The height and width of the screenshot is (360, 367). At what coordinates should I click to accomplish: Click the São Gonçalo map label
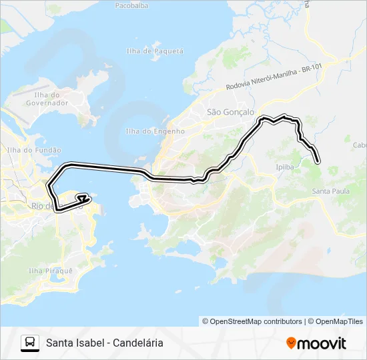coord(226,112)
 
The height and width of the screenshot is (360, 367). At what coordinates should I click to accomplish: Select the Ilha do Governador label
coord(47,99)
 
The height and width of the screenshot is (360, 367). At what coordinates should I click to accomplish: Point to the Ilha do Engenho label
coord(155,131)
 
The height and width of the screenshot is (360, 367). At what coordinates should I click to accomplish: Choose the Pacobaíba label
coord(131,5)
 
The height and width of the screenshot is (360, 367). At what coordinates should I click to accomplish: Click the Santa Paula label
coord(330,191)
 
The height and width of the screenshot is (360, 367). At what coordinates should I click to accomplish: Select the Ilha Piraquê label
coord(50,271)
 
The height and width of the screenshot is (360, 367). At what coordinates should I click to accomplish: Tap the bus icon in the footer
coord(30,343)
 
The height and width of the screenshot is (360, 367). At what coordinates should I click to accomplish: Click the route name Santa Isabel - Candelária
coord(104,343)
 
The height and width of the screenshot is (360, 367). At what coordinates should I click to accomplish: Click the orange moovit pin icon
coord(291,343)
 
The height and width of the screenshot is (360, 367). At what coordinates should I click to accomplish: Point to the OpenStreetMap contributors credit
coord(252,321)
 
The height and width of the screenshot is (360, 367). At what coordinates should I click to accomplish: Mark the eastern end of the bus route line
coord(318,161)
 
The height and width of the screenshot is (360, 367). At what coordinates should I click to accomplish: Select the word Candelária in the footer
coord(137,343)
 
